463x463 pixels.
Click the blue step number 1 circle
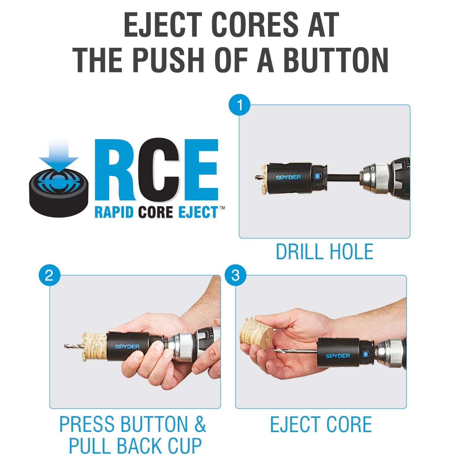pyautogui.click(x=239, y=105)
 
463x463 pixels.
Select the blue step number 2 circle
pyautogui.click(x=49, y=275)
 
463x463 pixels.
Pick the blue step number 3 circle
pyautogui.click(x=236, y=275)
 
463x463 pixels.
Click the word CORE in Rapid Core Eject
pyautogui.click(x=156, y=212)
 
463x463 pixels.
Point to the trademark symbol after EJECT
pyautogui.click(x=222, y=208)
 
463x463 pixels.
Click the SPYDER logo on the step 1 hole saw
pyautogui.click(x=288, y=177)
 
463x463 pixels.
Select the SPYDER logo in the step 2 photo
pyautogui.click(x=127, y=347)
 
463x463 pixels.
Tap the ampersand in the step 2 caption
pyautogui.click(x=200, y=424)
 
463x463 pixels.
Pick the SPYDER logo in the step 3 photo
pyautogui.click(x=338, y=356)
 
